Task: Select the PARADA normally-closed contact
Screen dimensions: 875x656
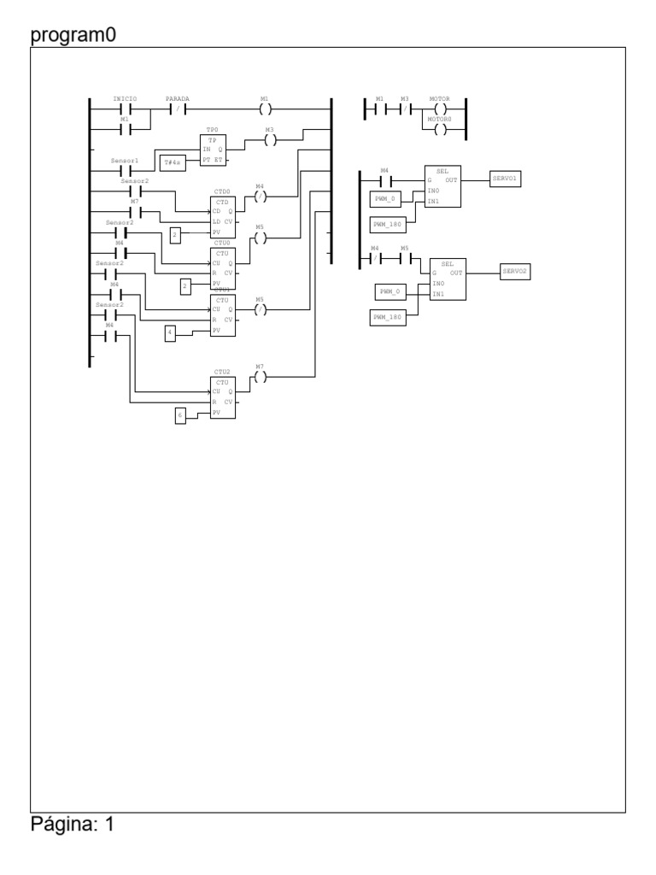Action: (178, 109)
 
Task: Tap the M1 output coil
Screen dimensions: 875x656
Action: (265, 109)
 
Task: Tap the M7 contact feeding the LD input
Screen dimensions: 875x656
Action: (135, 212)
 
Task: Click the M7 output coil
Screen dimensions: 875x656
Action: (261, 377)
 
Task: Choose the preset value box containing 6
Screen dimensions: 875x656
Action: (180, 416)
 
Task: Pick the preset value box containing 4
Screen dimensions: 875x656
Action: (170, 332)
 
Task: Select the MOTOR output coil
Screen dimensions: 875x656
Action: (440, 109)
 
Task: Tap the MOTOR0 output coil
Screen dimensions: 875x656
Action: (440, 130)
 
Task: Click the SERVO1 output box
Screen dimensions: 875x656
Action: (505, 179)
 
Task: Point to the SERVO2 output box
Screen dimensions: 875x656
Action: (515, 271)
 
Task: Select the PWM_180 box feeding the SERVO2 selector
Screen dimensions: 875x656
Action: (389, 318)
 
